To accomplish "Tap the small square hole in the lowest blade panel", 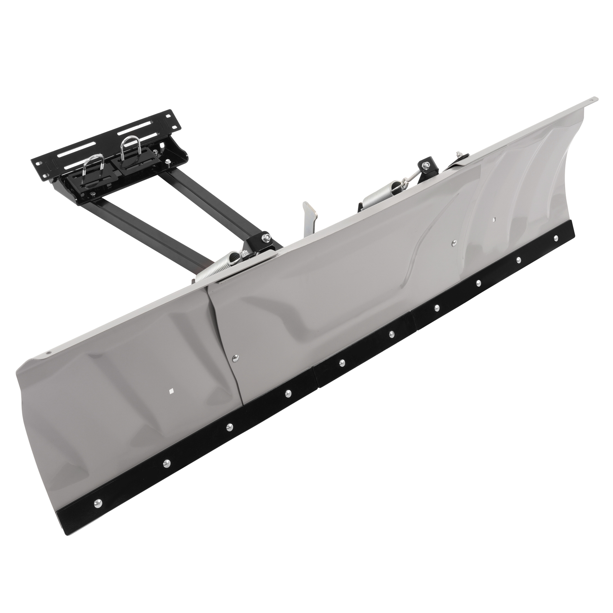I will (x=171, y=391).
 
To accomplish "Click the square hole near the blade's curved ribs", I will (x=493, y=220).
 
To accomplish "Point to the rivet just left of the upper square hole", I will (x=454, y=242).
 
